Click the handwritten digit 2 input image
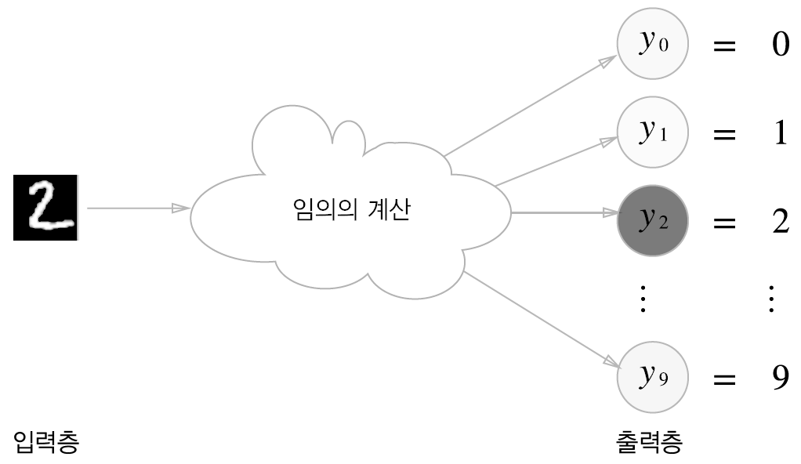tap(46, 207)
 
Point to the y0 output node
tap(652, 44)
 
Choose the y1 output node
tap(652, 132)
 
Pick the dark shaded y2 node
tap(652, 221)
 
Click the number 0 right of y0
tap(780, 45)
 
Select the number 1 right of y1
tap(780, 133)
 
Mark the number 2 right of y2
tap(780, 223)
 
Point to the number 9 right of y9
tap(780, 379)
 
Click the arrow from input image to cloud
tap(138, 208)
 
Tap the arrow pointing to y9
tap(541, 318)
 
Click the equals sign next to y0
tap(724, 45)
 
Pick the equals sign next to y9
tap(724, 379)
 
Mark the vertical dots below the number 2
tap(772, 299)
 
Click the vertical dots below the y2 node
tap(643, 299)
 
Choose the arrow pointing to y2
tap(564, 212)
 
